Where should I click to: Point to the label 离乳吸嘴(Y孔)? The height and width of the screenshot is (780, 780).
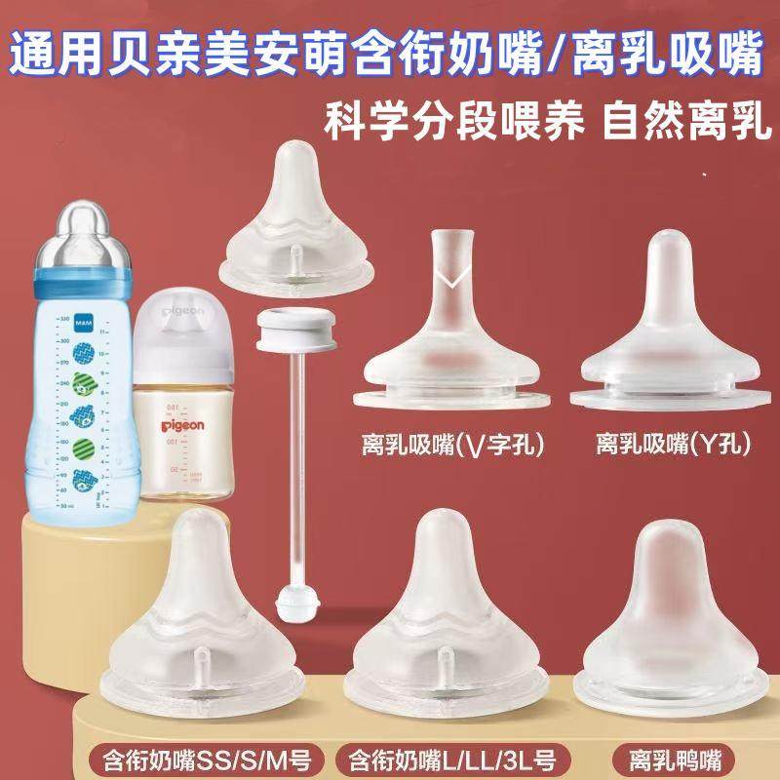672,446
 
